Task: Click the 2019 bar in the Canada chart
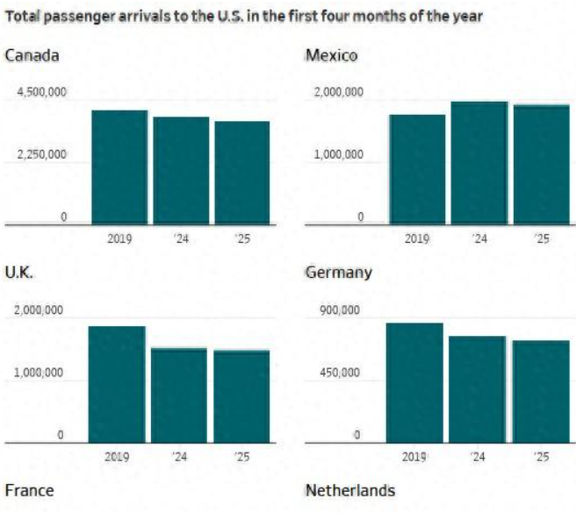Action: pyautogui.click(x=119, y=167)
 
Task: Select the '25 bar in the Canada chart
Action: pyautogui.click(x=242, y=173)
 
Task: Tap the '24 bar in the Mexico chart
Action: pyautogui.click(x=479, y=162)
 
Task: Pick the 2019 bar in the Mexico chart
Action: pyautogui.click(x=418, y=169)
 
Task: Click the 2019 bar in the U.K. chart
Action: pyautogui.click(x=117, y=384)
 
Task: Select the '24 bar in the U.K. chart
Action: pyautogui.click(x=179, y=395)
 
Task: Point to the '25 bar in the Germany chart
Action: pyautogui.click(x=541, y=391)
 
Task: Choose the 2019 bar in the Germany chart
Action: pyautogui.click(x=414, y=382)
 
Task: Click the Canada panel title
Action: pyautogui.click(x=32, y=56)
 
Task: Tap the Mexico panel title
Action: pyautogui.click(x=331, y=56)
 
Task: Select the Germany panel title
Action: pyautogui.click(x=338, y=273)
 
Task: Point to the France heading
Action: pyautogui.click(x=29, y=490)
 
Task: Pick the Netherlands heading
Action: pyautogui.click(x=349, y=490)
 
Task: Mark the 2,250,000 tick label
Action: pyautogui.click(x=40, y=155)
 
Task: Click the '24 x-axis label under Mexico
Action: pyautogui.click(x=479, y=239)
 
